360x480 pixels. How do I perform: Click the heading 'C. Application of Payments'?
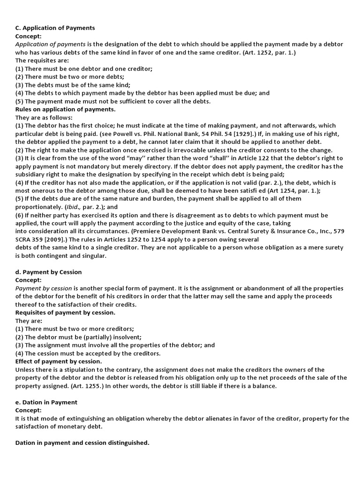tap(55, 28)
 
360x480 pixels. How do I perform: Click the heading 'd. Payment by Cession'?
tap(49, 272)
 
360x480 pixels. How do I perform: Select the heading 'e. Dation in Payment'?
tap(46, 402)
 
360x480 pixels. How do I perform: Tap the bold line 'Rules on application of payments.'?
tap(65, 109)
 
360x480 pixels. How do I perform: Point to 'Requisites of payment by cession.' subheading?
tap(65, 312)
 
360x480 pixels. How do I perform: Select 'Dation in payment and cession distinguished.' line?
tap(82, 442)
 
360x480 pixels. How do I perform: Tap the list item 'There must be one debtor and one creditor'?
tap(83, 68)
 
